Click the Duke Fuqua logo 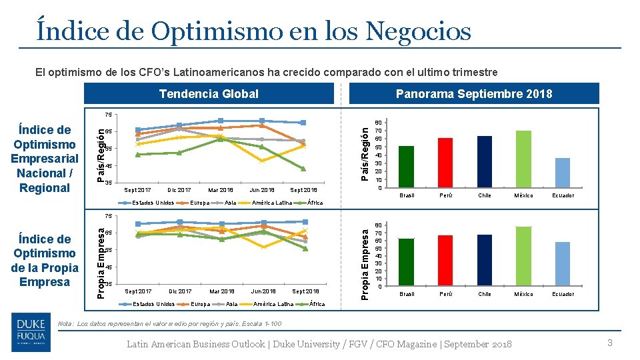click(31, 333)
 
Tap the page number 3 click(609, 343)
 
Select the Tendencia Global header click(209, 94)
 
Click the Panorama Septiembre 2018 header click(474, 94)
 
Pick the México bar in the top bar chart click(524, 159)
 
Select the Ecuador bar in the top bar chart click(563, 173)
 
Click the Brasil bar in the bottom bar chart click(406, 262)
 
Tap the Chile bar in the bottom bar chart click(485, 260)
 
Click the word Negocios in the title click(407, 31)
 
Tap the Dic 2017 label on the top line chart click(179, 190)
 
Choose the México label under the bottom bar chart click(524, 294)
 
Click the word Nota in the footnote click(65, 323)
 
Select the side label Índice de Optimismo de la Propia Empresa click(45, 260)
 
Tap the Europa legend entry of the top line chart click(200, 203)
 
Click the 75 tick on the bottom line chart click(108, 216)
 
